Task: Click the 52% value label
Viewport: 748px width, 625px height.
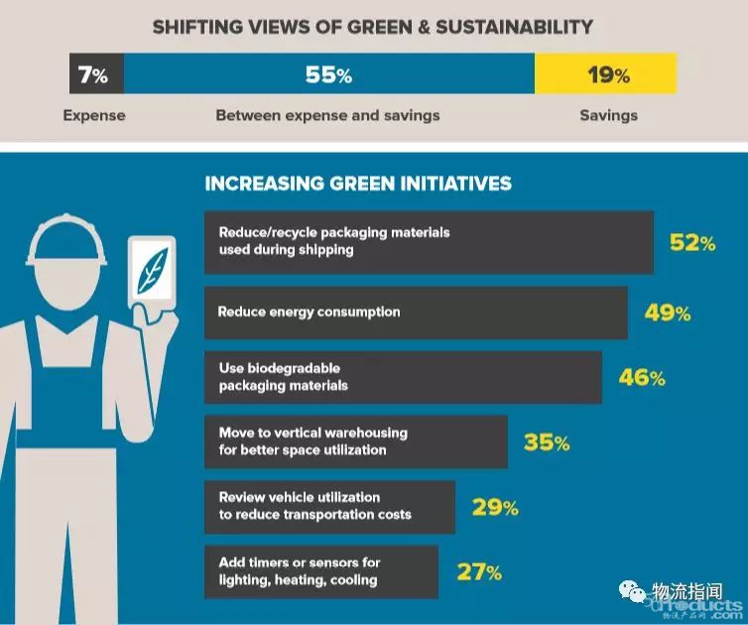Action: click(691, 242)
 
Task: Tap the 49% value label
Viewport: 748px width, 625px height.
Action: click(667, 313)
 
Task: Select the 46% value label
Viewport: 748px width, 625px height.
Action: click(641, 378)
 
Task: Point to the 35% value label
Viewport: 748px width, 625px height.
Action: click(547, 442)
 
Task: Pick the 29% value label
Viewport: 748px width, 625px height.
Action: click(494, 508)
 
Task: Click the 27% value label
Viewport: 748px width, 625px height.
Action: click(478, 571)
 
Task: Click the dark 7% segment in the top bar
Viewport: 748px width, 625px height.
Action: click(95, 74)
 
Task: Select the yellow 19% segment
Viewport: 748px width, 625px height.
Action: click(606, 74)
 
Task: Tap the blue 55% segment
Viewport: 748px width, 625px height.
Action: click(328, 74)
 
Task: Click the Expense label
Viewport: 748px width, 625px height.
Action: click(94, 115)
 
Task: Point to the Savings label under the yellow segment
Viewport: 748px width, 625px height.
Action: click(608, 115)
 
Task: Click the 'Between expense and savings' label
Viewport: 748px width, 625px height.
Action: click(327, 115)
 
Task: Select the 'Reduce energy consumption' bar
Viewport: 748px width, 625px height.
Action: click(416, 312)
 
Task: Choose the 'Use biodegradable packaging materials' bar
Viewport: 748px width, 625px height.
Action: click(403, 377)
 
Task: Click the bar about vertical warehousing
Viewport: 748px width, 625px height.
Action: click(355, 441)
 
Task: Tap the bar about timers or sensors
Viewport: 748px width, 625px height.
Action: click(320, 570)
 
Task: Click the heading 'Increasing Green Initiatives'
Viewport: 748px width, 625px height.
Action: click(358, 184)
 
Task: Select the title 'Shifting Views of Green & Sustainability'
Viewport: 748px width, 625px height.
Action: click(373, 27)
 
